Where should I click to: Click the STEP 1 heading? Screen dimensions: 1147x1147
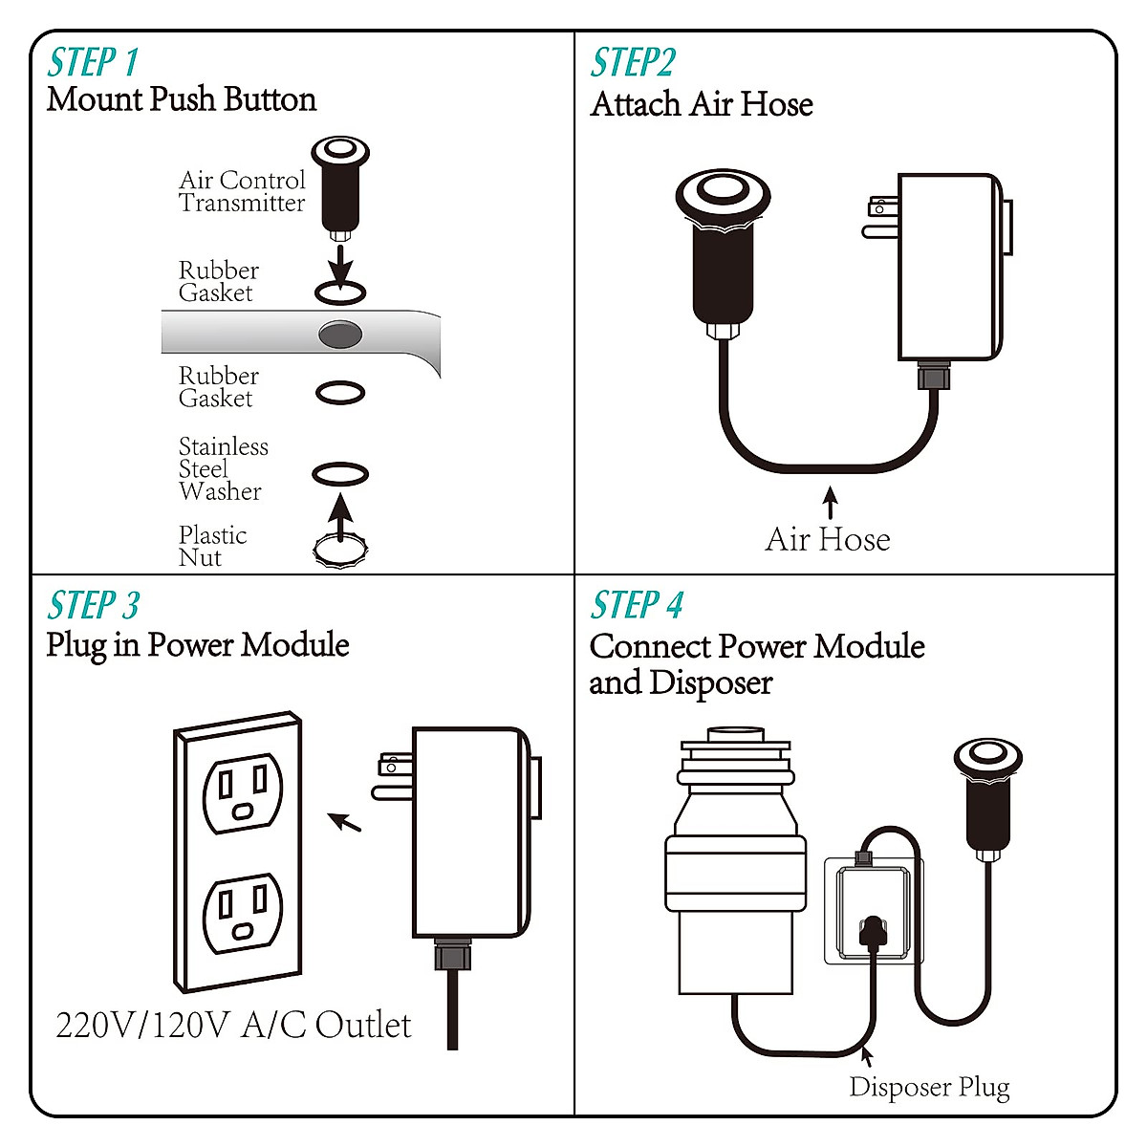point(93,63)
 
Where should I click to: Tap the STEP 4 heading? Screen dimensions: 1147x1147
point(637,606)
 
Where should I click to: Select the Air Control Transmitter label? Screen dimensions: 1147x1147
point(242,191)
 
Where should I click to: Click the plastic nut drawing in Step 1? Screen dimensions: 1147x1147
point(341,549)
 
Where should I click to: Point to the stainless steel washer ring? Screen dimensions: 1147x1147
point(340,474)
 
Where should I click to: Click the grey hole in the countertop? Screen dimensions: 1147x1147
point(339,335)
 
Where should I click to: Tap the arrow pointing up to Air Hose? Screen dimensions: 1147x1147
point(831,503)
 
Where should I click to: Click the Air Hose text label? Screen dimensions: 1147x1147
point(828,540)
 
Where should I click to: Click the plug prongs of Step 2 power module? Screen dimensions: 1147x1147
point(880,218)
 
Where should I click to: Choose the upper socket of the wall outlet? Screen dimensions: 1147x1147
point(243,792)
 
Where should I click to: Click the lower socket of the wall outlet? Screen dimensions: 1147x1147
point(243,912)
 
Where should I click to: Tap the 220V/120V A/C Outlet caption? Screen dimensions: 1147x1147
point(233,1025)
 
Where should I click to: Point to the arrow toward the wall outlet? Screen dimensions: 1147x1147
point(345,822)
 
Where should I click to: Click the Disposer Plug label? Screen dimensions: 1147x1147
point(929,1087)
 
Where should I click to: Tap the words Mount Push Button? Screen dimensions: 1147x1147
point(182,99)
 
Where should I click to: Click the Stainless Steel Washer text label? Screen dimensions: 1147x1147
point(223,469)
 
